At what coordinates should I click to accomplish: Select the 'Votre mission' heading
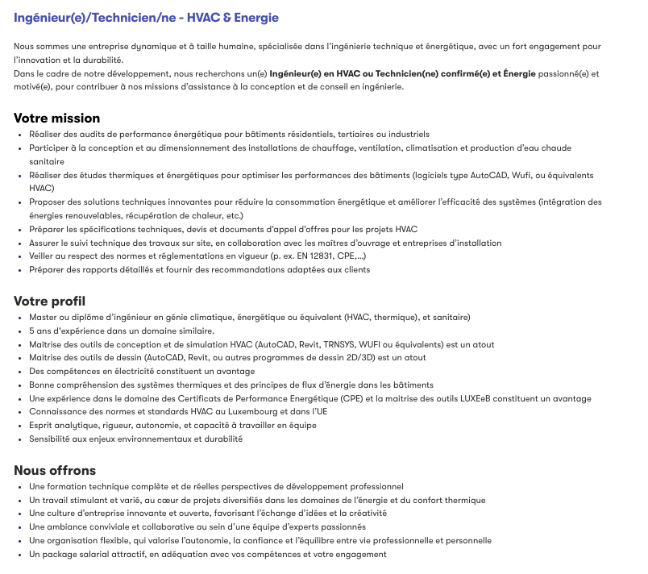tap(56, 118)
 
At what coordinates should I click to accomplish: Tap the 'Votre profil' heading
tap(50, 301)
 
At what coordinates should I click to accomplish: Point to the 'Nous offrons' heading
tap(55, 470)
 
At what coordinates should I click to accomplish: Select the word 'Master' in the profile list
tap(42, 317)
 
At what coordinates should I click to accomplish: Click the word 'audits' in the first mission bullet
tap(93, 134)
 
